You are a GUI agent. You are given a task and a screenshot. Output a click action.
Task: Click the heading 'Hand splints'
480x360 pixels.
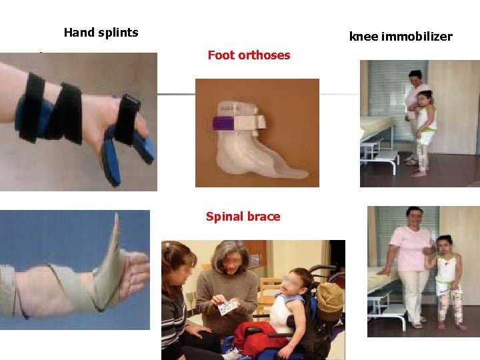pyautogui.click(x=101, y=32)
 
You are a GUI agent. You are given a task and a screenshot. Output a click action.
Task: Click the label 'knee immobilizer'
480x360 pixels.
pyautogui.click(x=400, y=36)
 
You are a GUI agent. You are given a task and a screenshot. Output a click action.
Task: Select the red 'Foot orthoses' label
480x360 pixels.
pyautogui.click(x=249, y=55)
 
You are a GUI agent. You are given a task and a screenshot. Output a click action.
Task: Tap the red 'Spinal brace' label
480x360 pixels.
pyautogui.click(x=243, y=217)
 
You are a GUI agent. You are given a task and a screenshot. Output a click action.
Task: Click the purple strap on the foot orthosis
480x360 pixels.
pyautogui.click(x=221, y=123)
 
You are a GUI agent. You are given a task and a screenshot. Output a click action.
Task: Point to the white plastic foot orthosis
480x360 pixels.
pyautogui.click(x=253, y=147)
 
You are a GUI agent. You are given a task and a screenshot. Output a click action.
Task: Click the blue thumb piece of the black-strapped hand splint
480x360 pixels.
pyautogui.click(x=111, y=160)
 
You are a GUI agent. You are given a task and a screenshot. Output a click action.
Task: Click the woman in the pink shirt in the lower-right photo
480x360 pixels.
pyautogui.click(x=411, y=260)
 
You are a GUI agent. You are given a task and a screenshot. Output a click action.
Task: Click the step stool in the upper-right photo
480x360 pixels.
pyautogui.click(x=385, y=160)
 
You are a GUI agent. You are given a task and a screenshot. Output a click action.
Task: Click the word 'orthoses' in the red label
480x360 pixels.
pyautogui.click(x=268, y=55)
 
